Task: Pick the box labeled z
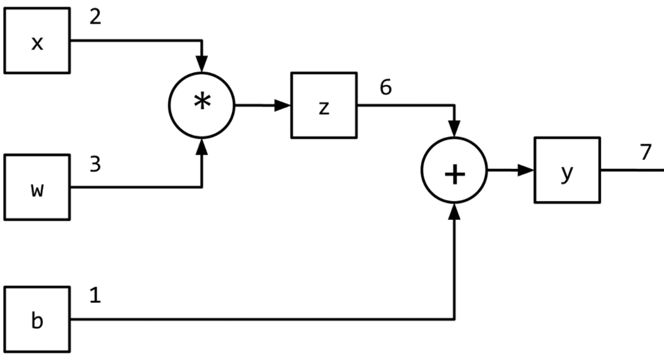click(324, 105)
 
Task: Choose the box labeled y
click(567, 170)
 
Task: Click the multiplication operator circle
click(202, 105)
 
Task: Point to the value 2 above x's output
click(95, 17)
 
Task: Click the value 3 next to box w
click(95, 165)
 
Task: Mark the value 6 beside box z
click(385, 87)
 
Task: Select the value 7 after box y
click(645, 152)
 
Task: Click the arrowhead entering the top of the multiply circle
click(202, 63)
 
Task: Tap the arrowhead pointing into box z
click(284, 105)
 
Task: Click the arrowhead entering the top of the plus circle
click(455, 129)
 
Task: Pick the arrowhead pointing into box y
click(527, 171)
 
